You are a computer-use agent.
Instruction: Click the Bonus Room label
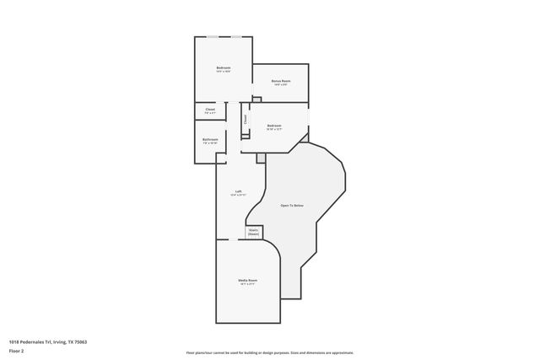pos(281,81)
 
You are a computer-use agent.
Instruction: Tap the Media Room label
pos(247,280)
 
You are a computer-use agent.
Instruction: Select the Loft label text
pos(239,191)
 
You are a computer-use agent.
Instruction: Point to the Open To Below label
pos(292,206)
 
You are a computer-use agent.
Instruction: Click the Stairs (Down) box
pos(253,231)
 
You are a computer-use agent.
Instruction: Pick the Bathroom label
pos(210,139)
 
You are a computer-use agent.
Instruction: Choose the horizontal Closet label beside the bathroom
pos(210,109)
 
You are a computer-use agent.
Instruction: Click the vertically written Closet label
pos(246,120)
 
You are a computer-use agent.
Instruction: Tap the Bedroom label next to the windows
pos(224,67)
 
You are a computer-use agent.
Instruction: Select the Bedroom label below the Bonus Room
pos(273,126)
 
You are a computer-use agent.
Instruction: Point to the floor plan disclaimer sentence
pos(270,353)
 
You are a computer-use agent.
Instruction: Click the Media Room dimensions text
pos(247,284)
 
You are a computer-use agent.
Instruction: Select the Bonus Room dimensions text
pos(281,85)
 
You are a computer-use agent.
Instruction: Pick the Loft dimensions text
pos(239,195)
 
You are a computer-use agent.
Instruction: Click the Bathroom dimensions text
pos(210,143)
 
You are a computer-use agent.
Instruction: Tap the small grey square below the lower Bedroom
pos(261,158)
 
